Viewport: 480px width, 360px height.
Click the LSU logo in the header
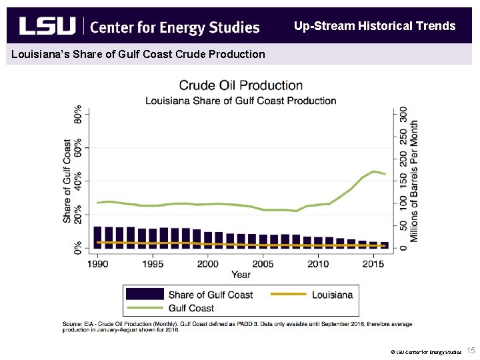click(x=47, y=26)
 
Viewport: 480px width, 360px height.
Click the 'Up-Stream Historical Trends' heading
click(x=375, y=27)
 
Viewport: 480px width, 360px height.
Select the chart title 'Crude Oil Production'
click(x=241, y=85)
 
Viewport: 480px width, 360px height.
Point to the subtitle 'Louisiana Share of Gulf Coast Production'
click(x=241, y=101)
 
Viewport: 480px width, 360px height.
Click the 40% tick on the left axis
click(x=79, y=181)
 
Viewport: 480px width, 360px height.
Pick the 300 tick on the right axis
click(x=403, y=114)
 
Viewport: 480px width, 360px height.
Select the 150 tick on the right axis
click(x=403, y=180)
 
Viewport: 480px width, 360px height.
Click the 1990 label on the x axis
click(x=97, y=263)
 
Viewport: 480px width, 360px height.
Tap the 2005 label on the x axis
click(x=263, y=263)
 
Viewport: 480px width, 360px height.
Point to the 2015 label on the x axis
click(x=373, y=263)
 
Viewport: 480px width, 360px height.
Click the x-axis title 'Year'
click(x=241, y=274)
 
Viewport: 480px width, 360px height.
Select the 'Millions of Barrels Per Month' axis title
click(x=415, y=181)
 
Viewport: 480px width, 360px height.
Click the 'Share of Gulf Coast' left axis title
click(x=67, y=181)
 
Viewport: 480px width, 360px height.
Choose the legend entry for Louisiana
click(x=332, y=295)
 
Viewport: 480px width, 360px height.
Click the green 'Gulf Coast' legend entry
click(x=191, y=308)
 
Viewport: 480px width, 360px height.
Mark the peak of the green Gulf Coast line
click(x=374, y=171)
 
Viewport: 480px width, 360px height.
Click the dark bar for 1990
click(x=98, y=237)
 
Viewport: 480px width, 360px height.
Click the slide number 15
click(x=470, y=351)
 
